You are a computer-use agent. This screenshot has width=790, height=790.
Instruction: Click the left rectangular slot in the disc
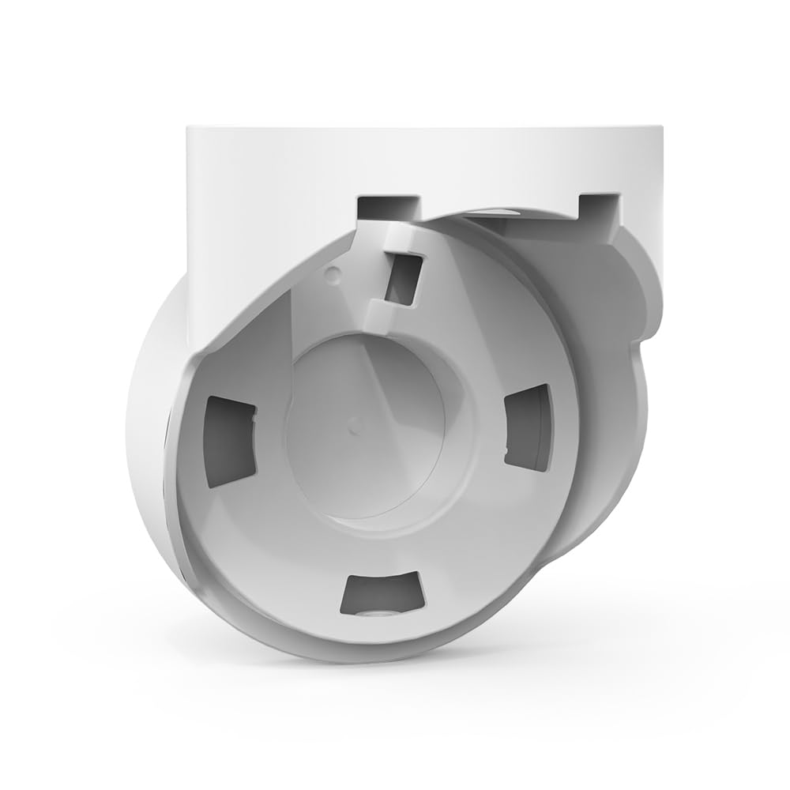pyautogui.click(x=230, y=439)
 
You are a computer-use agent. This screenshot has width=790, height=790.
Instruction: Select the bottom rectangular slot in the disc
pyautogui.click(x=382, y=594)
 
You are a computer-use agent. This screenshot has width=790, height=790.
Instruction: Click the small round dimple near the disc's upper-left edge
pyautogui.click(x=333, y=273)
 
